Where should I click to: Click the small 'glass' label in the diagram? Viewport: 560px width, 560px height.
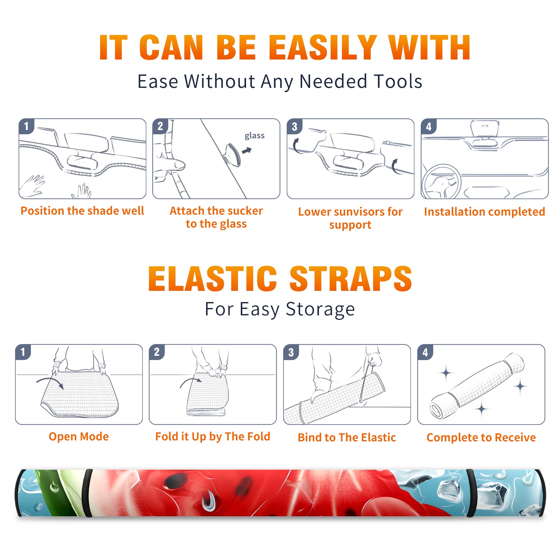[x=254, y=136]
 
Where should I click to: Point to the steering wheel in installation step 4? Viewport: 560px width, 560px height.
[x=441, y=182]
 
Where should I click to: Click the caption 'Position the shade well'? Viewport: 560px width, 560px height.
[x=82, y=211]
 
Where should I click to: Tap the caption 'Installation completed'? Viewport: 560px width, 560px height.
[x=484, y=212]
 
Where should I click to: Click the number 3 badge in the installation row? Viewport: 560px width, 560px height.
[x=294, y=126]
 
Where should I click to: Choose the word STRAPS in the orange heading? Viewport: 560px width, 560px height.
[x=351, y=279]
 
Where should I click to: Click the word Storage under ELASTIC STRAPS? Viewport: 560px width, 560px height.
[x=320, y=309]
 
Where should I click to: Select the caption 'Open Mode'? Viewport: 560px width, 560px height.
[x=79, y=436]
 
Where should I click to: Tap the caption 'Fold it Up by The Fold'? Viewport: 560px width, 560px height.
[x=213, y=436]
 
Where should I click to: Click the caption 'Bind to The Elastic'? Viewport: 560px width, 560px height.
[x=347, y=437]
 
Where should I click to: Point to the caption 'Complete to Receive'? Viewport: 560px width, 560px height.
[x=481, y=437]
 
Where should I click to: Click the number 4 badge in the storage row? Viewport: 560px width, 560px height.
[x=425, y=352]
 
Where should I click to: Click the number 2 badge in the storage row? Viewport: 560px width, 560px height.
[x=157, y=352]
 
